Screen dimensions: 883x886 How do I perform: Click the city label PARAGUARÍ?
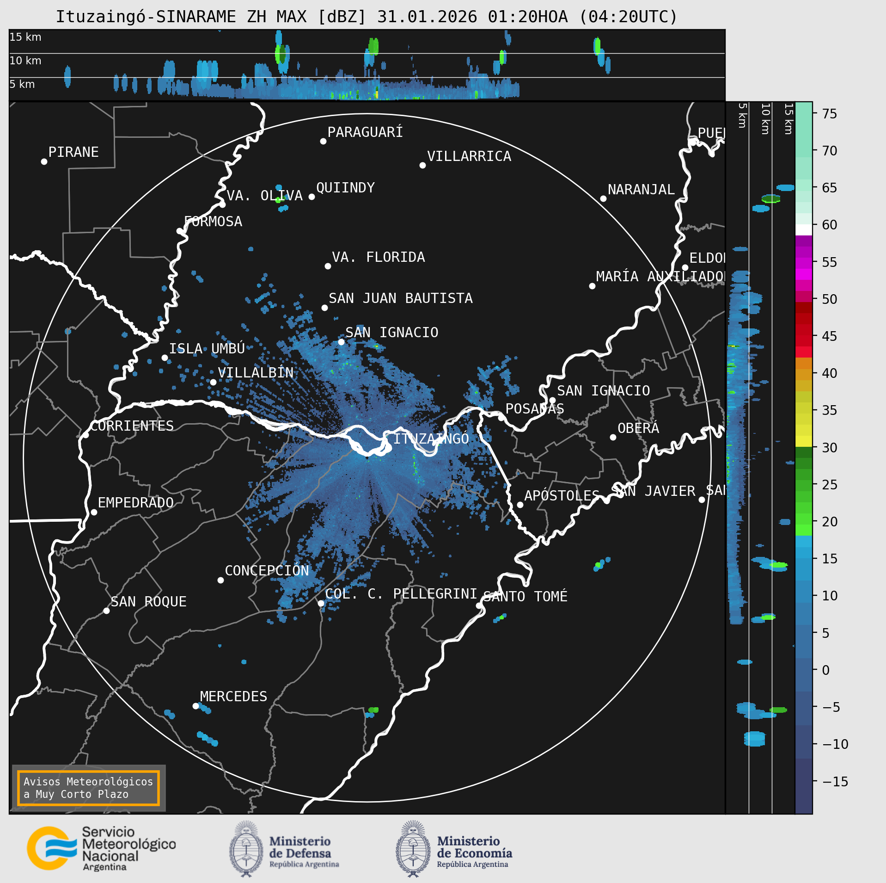pos(365,132)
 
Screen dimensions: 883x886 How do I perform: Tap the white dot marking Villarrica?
pos(422,166)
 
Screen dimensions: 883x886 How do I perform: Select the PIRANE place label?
pos(73,152)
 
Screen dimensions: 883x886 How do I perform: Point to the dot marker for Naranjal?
pos(603,199)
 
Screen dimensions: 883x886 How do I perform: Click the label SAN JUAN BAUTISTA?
pos(400,298)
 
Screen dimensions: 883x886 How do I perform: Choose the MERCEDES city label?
pos(233,697)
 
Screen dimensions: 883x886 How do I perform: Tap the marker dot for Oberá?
pos(613,438)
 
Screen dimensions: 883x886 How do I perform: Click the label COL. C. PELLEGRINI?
pos(401,594)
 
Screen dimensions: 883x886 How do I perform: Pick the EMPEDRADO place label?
pos(135,503)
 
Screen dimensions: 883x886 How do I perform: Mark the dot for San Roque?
pos(106,611)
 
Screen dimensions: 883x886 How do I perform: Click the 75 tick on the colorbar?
pos(830,114)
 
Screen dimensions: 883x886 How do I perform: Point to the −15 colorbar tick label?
pos(835,782)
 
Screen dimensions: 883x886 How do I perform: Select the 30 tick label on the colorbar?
pos(830,448)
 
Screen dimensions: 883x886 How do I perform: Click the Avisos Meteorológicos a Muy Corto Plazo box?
pos(88,788)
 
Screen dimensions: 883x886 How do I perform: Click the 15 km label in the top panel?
pos(25,37)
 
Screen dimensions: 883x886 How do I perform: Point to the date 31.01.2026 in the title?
pos(427,17)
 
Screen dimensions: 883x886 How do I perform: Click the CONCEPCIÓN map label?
pos(267,571)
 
